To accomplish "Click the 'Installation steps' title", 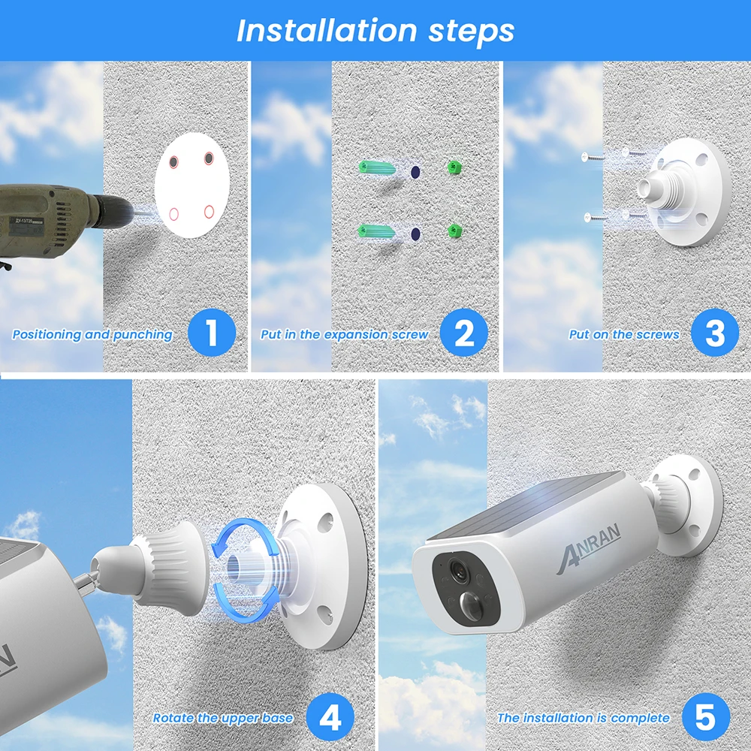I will [375, 31].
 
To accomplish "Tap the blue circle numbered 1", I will [211, 333].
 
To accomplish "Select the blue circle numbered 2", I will [463, 333].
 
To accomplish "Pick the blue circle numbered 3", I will [715, 333].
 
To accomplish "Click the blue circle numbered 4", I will [330, 717].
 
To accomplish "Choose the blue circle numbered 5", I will [705, 717].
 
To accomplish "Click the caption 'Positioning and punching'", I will [92, 335].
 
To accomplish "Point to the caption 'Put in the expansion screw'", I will [345, 335].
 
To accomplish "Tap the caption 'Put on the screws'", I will [624, 335].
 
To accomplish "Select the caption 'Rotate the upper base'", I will [223, 718].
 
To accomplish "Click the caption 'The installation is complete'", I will [584, 718].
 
